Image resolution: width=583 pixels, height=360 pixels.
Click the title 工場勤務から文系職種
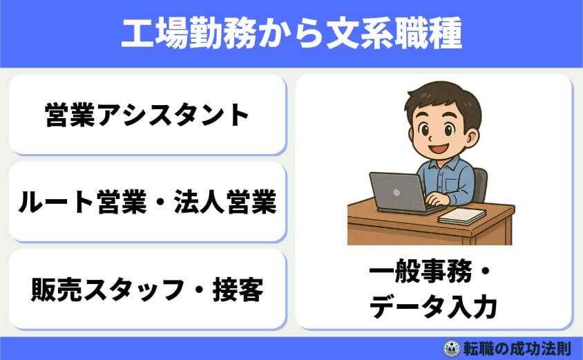pos(291,34)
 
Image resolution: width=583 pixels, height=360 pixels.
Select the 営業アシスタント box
pos(146,115)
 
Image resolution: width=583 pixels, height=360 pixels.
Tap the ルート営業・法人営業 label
pos(146,202)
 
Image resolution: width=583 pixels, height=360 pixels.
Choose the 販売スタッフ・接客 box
pos(146,290)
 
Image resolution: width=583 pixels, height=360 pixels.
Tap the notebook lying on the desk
pos(462,216)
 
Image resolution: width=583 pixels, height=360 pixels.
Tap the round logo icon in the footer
pos(451,348)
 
